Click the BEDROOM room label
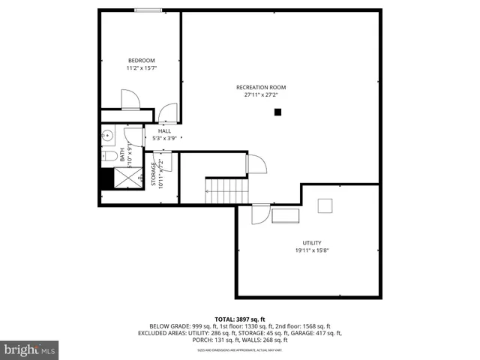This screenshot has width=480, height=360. point(141,61)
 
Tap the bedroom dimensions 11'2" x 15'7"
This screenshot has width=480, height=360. point(141,68)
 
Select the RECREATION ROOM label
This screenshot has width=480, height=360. point(260,88)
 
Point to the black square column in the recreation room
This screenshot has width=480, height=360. point(277,112)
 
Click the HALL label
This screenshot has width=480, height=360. point(164,131)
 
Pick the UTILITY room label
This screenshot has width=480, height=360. point(312,243)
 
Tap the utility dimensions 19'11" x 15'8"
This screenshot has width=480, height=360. point(312,250)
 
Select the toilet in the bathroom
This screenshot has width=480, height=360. point(109,156)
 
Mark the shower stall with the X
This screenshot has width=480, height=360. point(127,178)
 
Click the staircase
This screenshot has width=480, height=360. point(226,191)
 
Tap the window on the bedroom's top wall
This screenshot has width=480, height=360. point(147,10)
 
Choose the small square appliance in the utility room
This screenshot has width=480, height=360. point(326,205)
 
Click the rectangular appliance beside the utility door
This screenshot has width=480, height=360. point(285,217)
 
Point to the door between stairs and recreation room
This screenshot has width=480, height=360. point(256,163)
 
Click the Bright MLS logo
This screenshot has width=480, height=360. point(30,349)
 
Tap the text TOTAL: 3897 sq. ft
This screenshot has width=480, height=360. point(240,319)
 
